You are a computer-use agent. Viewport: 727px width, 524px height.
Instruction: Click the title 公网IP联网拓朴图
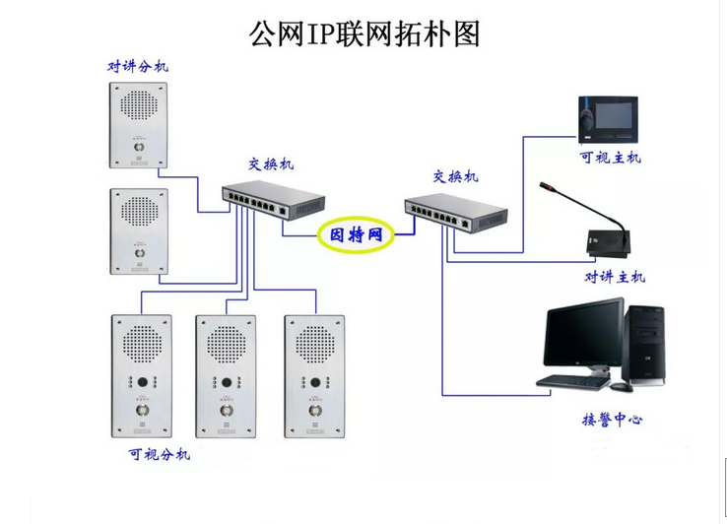click(364, 33)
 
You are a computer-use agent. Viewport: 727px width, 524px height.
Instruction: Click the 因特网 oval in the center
click(356, 234)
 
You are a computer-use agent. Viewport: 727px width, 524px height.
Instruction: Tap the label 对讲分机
click(138, 66)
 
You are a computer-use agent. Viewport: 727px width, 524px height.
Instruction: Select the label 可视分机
click(160, 453)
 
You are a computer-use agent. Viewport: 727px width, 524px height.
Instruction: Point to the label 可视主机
click(610, 158)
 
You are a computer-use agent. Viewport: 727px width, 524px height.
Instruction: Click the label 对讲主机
click(615, 277)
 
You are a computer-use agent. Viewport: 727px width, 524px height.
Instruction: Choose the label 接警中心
click(612, 420)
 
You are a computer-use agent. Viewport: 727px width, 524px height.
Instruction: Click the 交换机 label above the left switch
click(271, 164)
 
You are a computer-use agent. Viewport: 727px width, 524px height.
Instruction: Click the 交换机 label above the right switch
click(455, 176)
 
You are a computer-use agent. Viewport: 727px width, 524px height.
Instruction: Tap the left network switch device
click(273, 199)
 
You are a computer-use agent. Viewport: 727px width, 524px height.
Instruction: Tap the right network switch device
click(456, 213)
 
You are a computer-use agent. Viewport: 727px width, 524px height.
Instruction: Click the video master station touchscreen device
click(609, 119)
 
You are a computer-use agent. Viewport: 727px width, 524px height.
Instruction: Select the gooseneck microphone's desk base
click(609, 242)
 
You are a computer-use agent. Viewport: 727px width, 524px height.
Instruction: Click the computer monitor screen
click(584, 334)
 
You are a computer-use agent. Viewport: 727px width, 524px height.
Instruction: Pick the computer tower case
click(644, 345)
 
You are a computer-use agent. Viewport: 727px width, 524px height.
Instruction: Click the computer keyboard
click(573, 382)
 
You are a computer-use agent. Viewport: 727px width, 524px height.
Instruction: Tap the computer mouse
click(622, 387)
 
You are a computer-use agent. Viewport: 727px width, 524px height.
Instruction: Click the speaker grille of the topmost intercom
click(139, 104)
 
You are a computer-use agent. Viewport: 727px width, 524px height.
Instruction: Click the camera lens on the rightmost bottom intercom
click(315, 382)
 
